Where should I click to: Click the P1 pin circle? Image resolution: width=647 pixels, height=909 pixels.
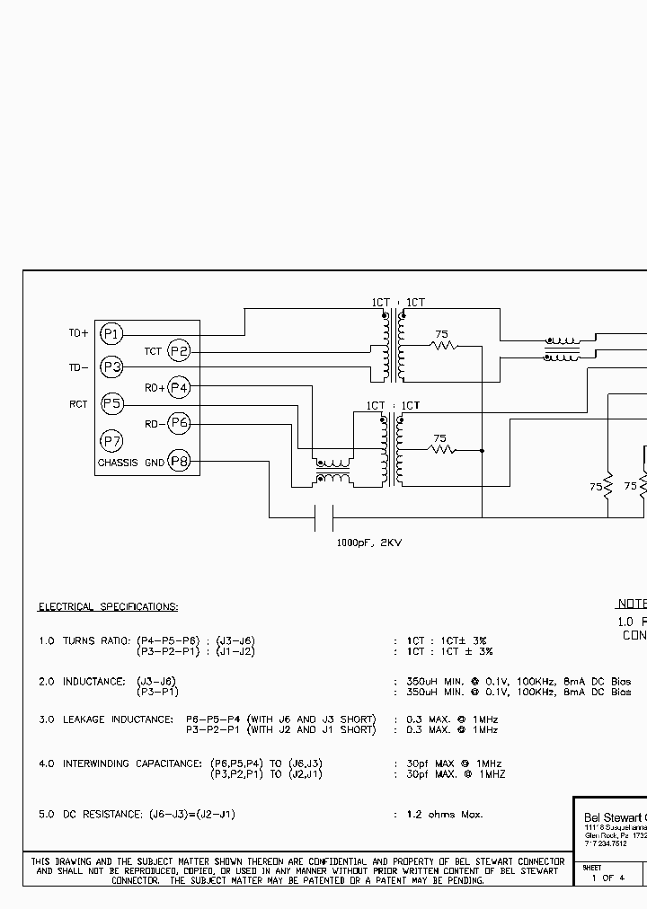pyautogui.click(x=111, y=333)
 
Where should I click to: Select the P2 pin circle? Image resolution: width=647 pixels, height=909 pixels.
pyautogui.click(x=180, y=351)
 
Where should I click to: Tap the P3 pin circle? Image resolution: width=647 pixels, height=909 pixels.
pyautogui.click(x=111, y=367)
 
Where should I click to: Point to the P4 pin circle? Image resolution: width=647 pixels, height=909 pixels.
pyautogui.click(x=180, y=387)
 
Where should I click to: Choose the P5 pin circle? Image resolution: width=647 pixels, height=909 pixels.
pyautogui.click(x=111, y=404)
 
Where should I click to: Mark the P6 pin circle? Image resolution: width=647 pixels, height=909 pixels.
pyautogui.click(x=180, y=423)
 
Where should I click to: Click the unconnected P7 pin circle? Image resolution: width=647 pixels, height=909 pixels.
pyautogui.click(x=111, y=441)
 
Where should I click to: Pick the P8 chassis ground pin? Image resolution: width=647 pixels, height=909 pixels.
pyautogui.click(x=180, y=462)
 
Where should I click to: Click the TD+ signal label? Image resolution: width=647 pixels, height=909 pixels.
pyautogui.click(x=78, y=333)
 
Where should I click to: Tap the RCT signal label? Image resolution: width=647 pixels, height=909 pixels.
pyautogui.click(x=78, y=404)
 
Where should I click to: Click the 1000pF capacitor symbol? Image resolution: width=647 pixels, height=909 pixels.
pyautogui.click(x=323, y=517)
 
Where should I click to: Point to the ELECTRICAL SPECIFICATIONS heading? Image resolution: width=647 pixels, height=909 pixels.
pyautogui.click(x=108, y=607)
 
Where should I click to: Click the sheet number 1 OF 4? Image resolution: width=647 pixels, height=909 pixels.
pyautogui.click(x=607, y=878)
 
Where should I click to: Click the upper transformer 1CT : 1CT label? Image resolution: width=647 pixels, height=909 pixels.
pyautogui.click(x=398, y=303)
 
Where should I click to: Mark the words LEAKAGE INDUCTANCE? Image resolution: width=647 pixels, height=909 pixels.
pyautogui.click(x=117, y=719)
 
